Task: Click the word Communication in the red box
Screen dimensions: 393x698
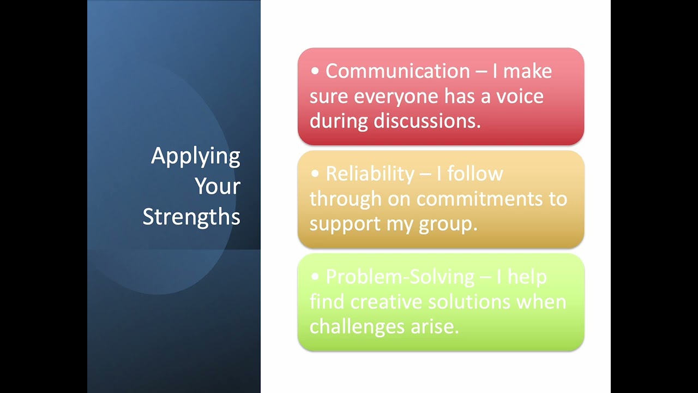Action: click(x=398, y=71)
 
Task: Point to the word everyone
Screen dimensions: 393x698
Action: click(x=396, y=96)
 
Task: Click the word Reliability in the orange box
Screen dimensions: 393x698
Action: click(x=370, y=174)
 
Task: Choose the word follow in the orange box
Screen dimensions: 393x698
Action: click(x=475, y=174)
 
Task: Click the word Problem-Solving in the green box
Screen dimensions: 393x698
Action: click(x=400, y=277)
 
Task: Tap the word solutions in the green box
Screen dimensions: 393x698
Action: click(x=465, y=302)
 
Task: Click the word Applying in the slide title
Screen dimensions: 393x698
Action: click(x=195, y=157)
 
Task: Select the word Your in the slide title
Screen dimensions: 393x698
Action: click(x=218, y=186)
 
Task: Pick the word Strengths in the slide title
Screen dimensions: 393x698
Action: click(x=191, y=217)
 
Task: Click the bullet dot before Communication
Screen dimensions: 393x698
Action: click(x=315, y=72)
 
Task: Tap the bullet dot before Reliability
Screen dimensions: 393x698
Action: click(x=315, y=174)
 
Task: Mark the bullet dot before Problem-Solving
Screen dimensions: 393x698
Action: click(x=315, y=277)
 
